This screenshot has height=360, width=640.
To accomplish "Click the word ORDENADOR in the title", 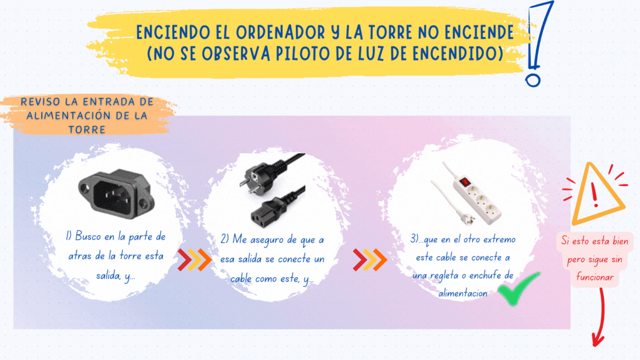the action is [280, 32].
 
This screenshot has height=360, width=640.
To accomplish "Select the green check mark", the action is [518, 288].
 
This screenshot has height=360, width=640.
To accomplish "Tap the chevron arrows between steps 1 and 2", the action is [194, 259].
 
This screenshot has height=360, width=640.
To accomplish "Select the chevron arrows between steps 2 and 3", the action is [370, 259].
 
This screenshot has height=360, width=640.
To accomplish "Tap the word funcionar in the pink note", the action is [595, 278].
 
